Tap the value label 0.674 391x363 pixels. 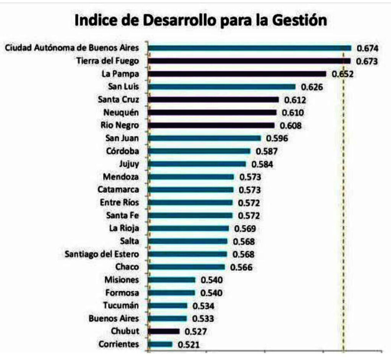(367, 48)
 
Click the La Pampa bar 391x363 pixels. (237, 74)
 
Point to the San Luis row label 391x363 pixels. (123, 87)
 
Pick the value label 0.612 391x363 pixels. (295, 100)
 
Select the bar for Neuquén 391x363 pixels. (212, 113)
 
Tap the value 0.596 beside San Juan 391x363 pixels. (277, 139)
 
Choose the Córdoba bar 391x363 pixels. (199, 151)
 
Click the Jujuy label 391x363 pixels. (129, 164)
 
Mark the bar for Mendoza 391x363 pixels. (191, 177)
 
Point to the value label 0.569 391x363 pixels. (245, 229)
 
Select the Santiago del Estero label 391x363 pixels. (102, 254)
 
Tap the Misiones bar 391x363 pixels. (171, 280)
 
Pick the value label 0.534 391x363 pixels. (204, 306)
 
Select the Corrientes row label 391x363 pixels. (118, 344)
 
